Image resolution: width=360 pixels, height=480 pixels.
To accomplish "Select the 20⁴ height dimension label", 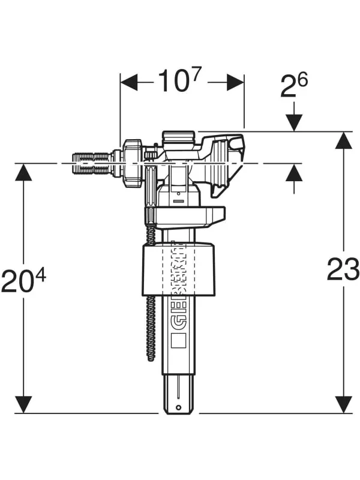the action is (x=23, y=280).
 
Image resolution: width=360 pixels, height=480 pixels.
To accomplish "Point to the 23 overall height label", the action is (x=343, y=269).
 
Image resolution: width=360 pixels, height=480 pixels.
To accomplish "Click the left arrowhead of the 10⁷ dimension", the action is (x=129, y=82).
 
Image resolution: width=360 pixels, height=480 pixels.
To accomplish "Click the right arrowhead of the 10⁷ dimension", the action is (x=235, y=82).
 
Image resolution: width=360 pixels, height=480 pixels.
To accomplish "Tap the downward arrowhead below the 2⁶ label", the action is (x=294, y=123).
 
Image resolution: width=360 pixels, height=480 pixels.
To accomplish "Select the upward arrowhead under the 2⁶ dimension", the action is (x=294, y=172).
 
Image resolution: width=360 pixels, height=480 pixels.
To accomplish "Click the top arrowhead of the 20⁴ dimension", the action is (x=23, y=172).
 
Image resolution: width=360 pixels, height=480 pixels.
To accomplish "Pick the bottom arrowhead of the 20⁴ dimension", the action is (x=23, y=404).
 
